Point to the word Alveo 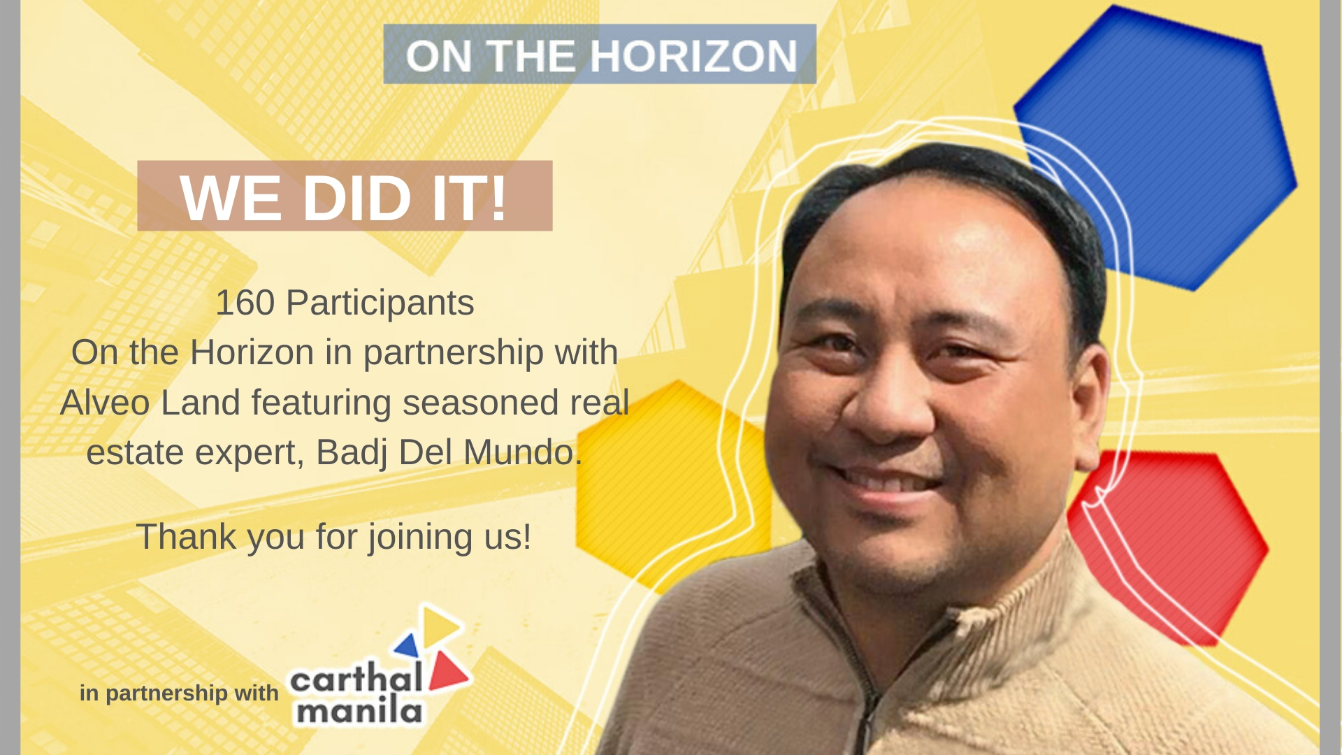(x=105, y=403)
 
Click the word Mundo (x=519, y=452)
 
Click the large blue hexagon (x=1157, y=147)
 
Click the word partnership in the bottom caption (x=167, y=693)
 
